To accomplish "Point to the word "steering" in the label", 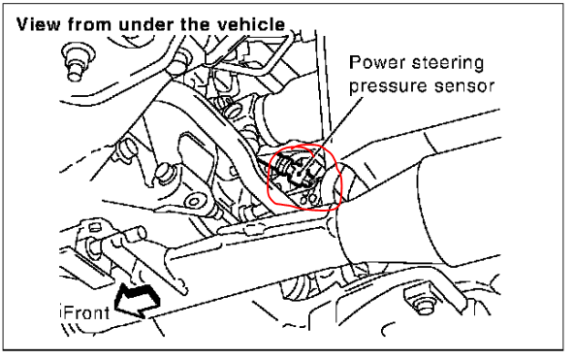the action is [448, 63].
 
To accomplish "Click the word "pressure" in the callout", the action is [388, 86].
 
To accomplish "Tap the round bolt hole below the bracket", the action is [193, 202].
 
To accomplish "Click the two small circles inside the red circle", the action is [308, 199].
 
